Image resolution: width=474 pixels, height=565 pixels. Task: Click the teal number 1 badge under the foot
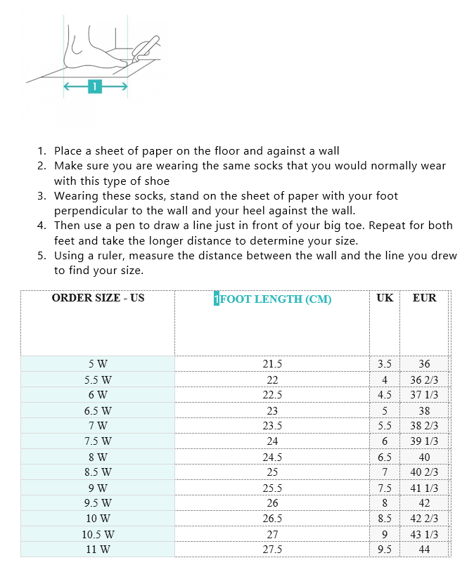click(95, 86)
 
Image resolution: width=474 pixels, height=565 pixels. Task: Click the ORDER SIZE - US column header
click(98, 298)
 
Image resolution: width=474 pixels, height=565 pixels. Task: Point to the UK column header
click(385, 298)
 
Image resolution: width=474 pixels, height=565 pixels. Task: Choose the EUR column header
click(424, 298)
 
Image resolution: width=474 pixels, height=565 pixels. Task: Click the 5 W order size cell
click(98, 364)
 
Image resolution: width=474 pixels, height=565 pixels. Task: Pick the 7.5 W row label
click(98, 441)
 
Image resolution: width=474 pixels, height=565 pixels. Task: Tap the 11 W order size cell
click(98, 550)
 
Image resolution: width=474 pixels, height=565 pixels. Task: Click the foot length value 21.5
click(272, 364)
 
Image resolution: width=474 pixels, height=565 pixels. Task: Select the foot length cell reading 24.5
click(272, 457)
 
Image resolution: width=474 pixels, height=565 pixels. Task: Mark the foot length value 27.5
click(272, 550)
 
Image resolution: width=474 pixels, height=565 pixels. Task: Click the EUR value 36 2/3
click(424, 379)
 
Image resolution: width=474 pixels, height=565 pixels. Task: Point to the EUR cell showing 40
click(424, 457)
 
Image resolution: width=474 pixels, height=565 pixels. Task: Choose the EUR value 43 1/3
click(424, 534)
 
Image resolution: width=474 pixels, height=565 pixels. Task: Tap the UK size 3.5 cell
click(385, 364)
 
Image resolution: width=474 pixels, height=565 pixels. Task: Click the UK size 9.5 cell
click(385, 550)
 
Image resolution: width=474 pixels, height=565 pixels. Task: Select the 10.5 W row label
click(98, 534)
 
